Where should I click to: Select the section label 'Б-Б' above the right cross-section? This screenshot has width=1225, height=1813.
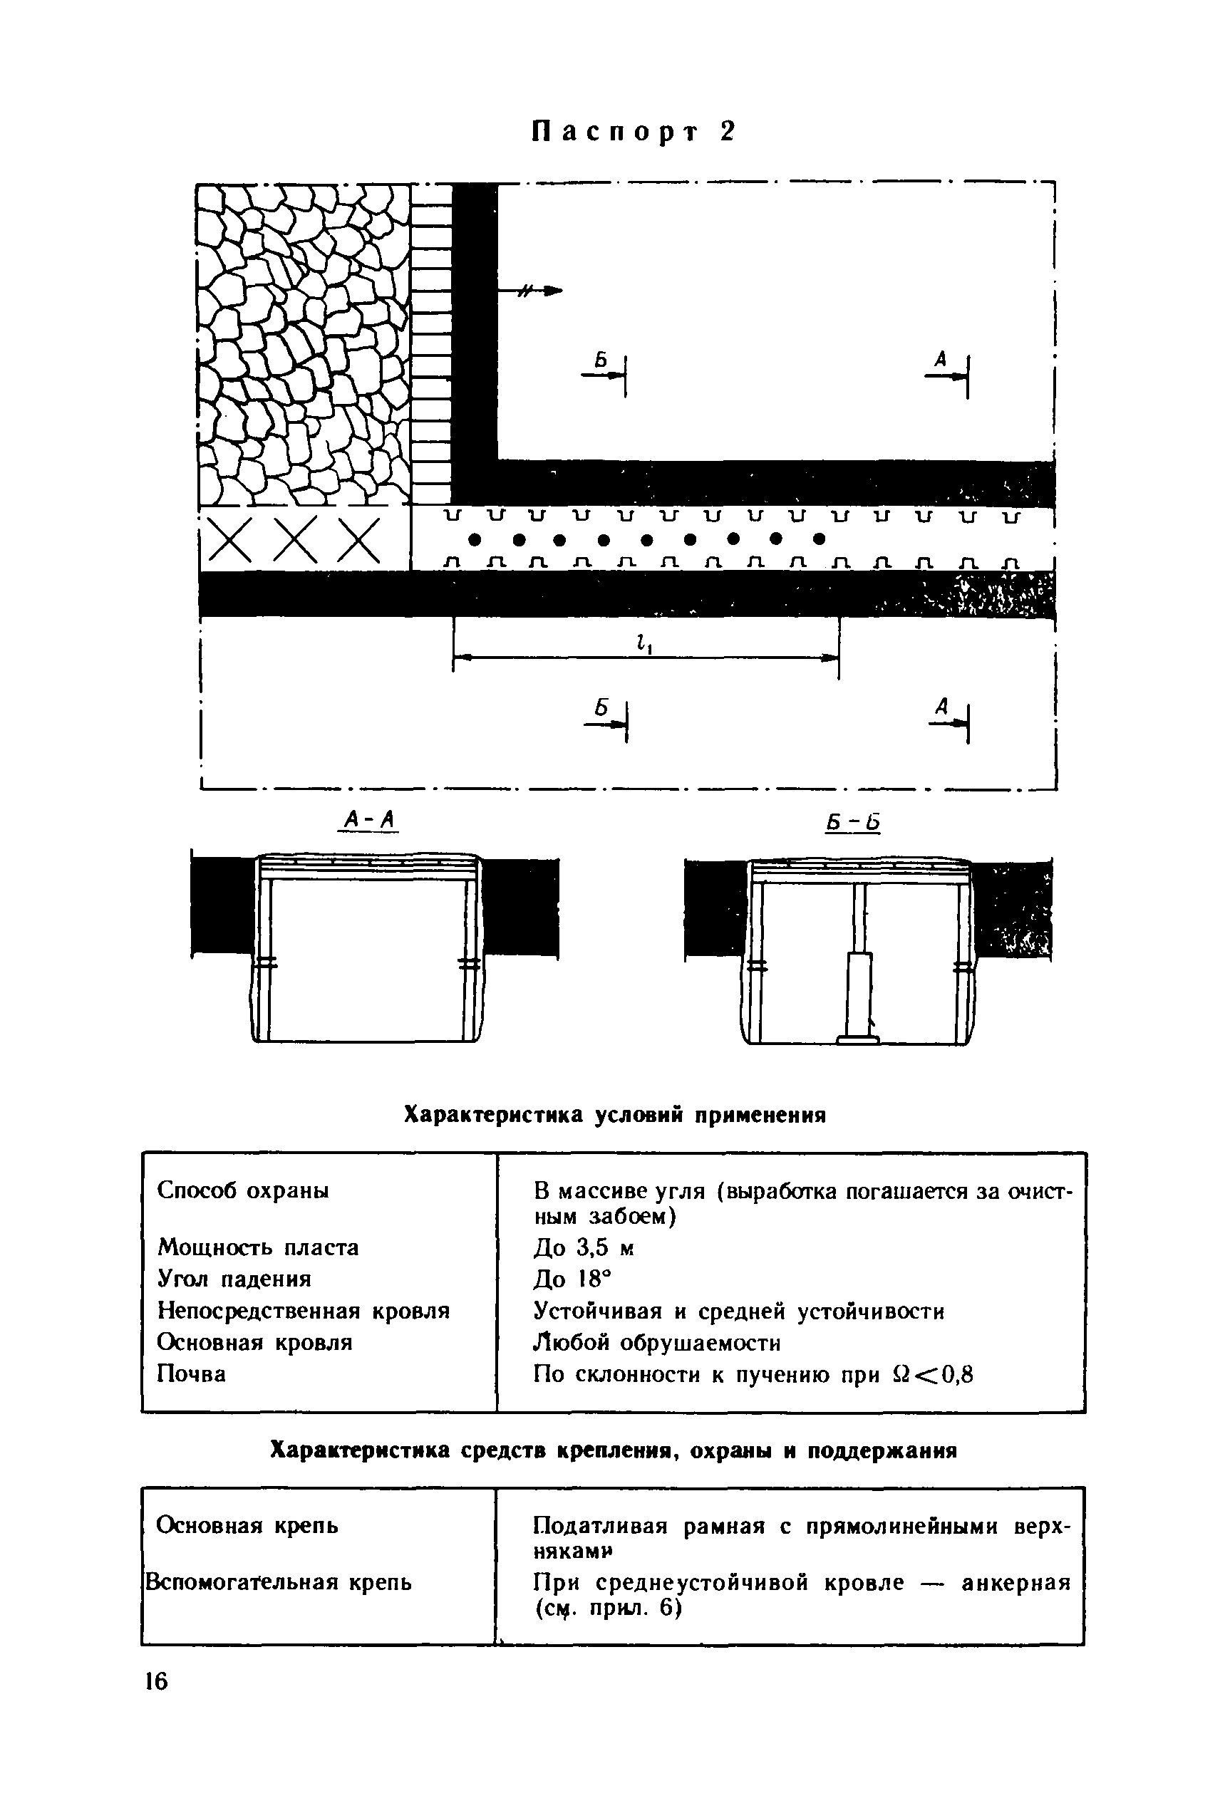coord(852,822)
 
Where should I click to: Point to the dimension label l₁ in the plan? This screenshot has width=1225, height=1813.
coord(643,643)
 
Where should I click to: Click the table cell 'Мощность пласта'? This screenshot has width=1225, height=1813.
coord(258,1247)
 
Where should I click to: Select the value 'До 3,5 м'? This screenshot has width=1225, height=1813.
coord(584,1248)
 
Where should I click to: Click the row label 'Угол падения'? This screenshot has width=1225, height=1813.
coord(234,1279)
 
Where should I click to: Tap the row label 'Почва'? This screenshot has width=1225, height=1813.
coord(191,1373)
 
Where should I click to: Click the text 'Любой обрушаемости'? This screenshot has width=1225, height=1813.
coord(656,1343)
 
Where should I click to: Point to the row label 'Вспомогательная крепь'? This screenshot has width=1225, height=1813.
coord(279,1582)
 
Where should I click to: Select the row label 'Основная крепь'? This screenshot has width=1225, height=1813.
coord(247,1525)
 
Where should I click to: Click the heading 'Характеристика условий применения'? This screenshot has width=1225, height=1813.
coord(614,1116)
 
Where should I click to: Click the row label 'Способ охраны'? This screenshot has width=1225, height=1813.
coord(243,1190)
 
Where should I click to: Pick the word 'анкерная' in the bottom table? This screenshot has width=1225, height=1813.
coord(1016,1583)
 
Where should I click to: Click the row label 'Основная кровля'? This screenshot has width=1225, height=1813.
coord(254,1342)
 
